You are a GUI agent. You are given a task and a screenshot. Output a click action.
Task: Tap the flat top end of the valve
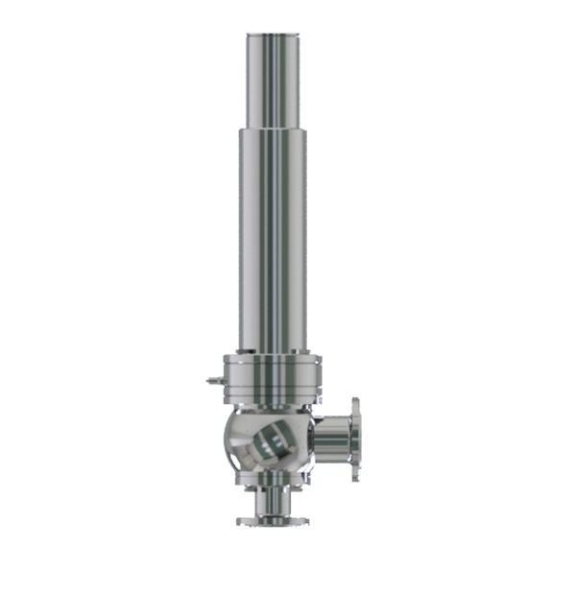point(274,34)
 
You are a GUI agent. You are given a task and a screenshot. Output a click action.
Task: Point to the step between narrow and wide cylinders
point(274,128)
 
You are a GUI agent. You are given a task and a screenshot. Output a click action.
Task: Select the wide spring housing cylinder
point(274,240)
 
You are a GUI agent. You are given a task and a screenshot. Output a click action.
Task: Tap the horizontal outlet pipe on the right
point(331,440)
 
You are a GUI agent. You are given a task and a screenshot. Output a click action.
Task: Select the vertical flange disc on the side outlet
point(355,440)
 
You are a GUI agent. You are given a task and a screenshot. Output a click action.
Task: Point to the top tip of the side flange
point(355,400)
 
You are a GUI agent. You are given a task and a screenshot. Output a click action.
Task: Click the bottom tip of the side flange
point(356,479)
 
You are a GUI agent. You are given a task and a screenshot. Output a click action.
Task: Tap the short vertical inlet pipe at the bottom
point(273,505)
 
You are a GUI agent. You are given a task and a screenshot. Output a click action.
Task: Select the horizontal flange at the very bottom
point(273,521)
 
